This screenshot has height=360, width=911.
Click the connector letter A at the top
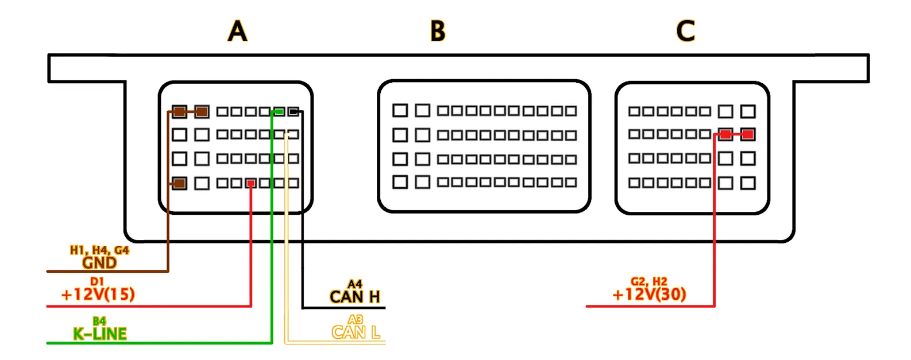[x=237, y=31]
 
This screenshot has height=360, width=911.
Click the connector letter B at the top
[x=438, y=31]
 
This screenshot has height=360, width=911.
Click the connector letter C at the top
[x=685, y=31]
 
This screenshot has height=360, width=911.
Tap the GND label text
[x=99, y=263]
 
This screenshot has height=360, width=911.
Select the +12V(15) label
[x=98, y=295]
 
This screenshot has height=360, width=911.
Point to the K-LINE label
[x=99, y=334]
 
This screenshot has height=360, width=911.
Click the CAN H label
[x=354, y=297]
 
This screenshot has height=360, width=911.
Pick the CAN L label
[x=356, y=332]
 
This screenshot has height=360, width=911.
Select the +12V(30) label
[x=649, y=295]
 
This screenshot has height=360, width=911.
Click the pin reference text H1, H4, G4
[x=99, y=250]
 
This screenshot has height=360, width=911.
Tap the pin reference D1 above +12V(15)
[x=97, y=282]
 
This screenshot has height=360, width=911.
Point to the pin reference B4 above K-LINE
[x=99, y=321]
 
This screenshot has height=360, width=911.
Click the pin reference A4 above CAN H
[x=355, y=284]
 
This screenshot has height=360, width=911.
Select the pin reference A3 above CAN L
[x=356, y=320]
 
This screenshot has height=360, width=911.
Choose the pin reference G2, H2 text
[x=649, y=281]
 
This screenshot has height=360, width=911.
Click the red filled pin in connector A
[x=251, y=183]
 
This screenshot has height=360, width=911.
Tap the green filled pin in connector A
[x=279, y=111]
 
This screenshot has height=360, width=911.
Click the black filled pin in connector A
[x=293, y=111]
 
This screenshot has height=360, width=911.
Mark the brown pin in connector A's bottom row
[x=180, y=183]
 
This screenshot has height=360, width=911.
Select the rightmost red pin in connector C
[x=747, y=134]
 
